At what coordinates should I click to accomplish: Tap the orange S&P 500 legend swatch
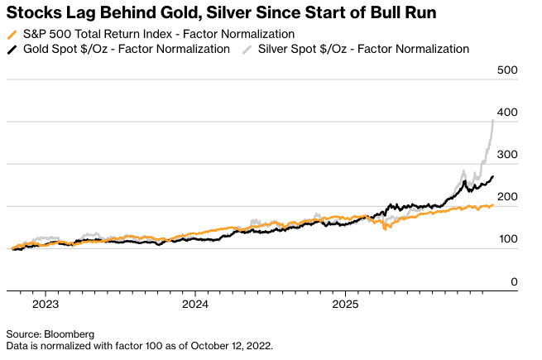tap(11, 35)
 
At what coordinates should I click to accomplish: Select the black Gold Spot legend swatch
tap(11, 50)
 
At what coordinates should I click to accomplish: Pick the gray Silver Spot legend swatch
tap(246, 50)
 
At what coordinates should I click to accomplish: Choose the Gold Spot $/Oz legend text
tap(126, 50)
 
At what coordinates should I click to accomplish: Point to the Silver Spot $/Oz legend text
tap(364, 50)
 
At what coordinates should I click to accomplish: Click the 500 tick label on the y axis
tap(507, 70)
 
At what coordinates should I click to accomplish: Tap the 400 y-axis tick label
tap(507, 113)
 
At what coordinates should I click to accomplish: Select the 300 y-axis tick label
tap(507, 155)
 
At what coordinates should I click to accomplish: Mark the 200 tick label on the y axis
tap(507, 197)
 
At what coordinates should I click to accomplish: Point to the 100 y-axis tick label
tap(507, 239)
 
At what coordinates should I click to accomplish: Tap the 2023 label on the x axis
tap(46, 305)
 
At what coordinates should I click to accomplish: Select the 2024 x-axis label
tap(195, 305)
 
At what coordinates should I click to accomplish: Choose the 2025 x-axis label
tap(346, 305)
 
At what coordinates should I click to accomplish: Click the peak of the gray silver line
tap(494, 120)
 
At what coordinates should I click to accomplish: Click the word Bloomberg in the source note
tap(71, 334)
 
